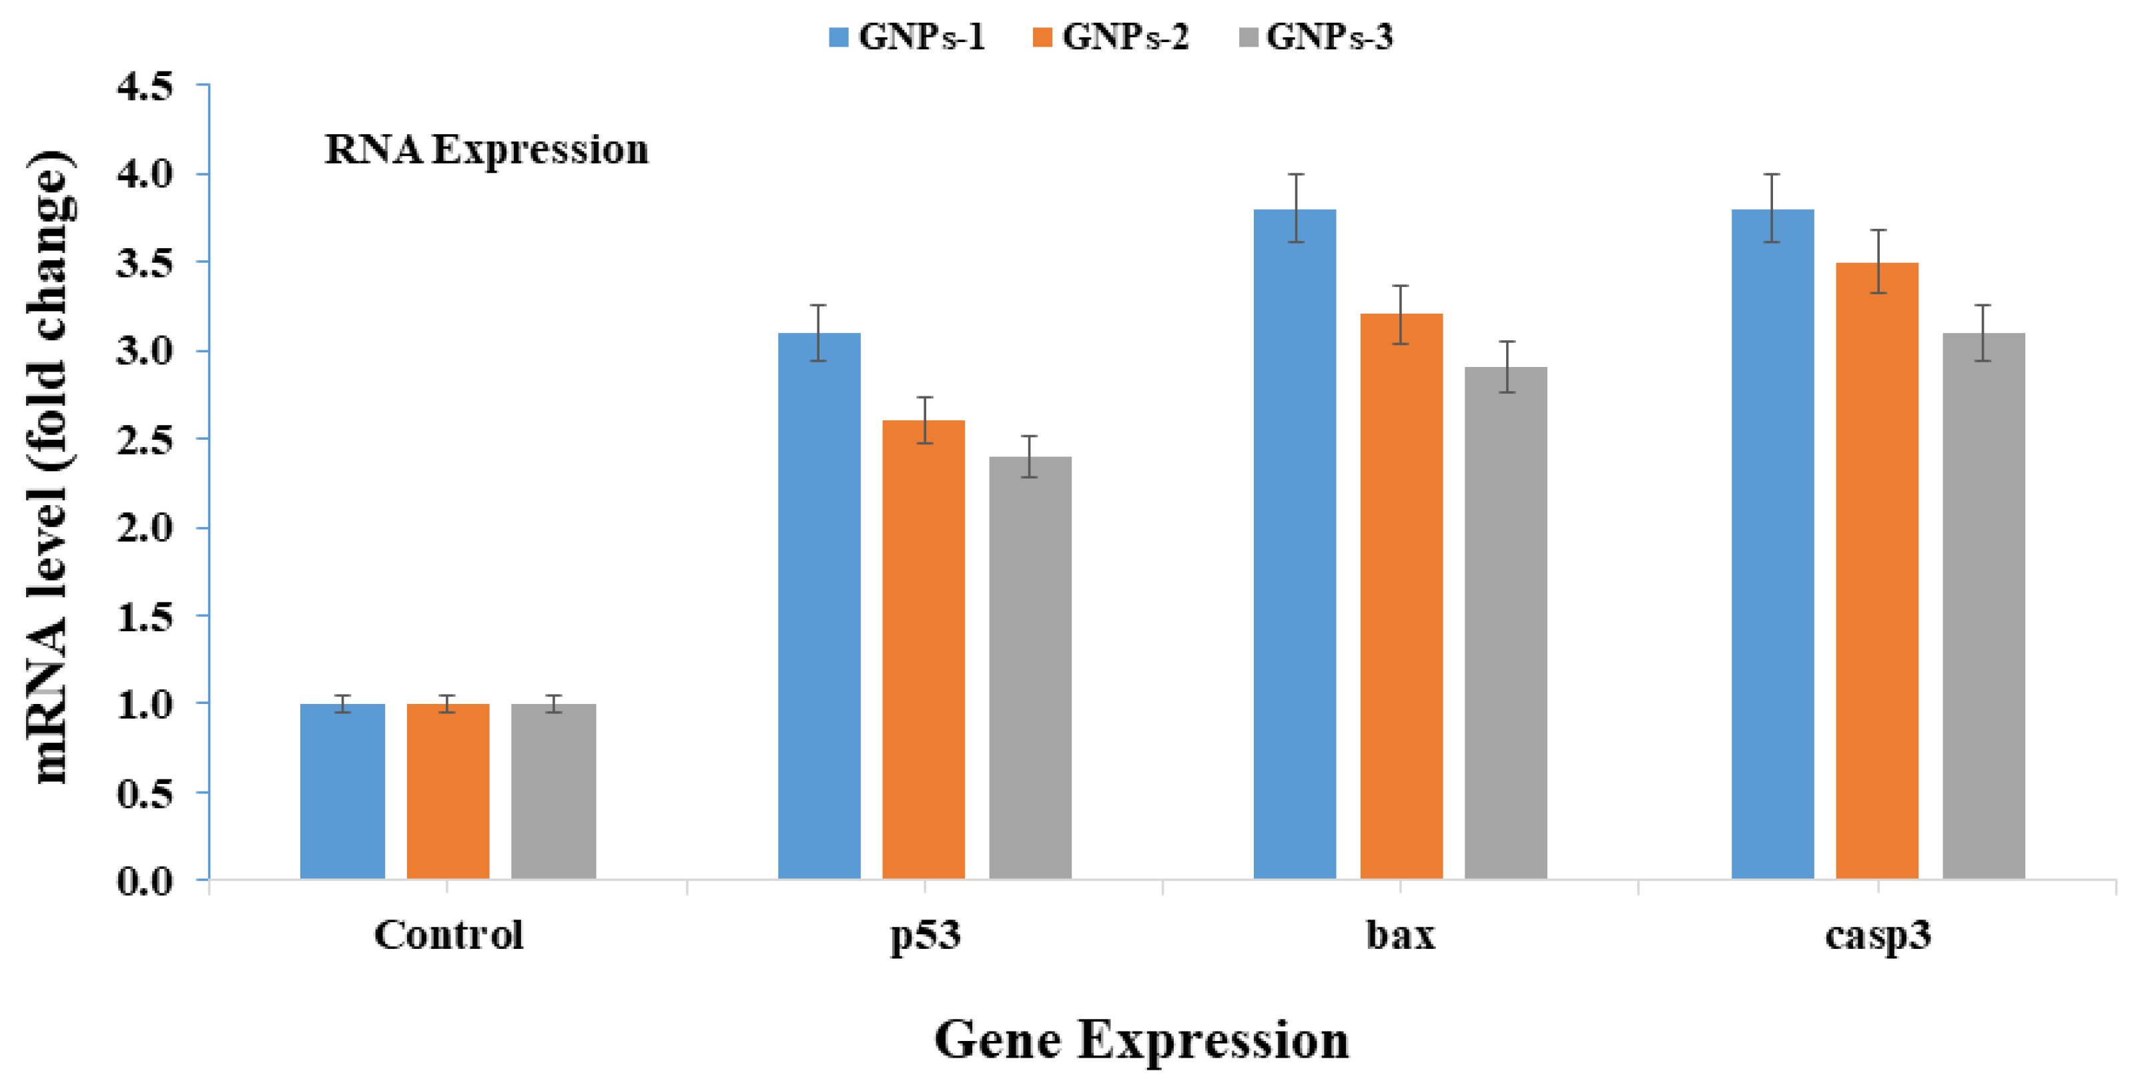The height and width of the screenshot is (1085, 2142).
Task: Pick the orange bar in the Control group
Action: (x=447, y=791)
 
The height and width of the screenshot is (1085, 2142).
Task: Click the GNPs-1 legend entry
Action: (x=906, y=37)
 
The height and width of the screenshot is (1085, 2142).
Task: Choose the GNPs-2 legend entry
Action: (x=1110, y=37)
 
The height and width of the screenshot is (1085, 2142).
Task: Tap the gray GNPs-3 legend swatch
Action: (x=1248, y=37)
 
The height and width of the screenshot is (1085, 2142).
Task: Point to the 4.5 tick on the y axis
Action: (x=145, y=87)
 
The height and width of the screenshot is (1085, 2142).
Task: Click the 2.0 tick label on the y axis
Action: (x=145, y=528)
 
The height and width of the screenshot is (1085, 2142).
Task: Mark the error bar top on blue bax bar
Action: (x=1295, y=175)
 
